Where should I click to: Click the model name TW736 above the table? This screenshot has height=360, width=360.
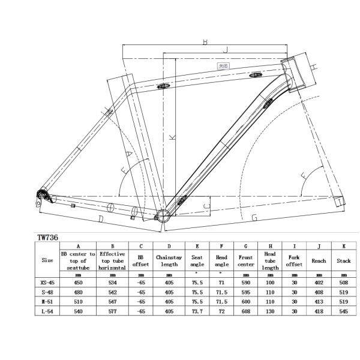(x=48, y=238)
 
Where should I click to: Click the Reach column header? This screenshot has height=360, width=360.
(x=317, y=261)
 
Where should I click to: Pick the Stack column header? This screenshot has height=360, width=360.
(x=343, y=261)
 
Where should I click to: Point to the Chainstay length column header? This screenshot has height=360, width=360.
(x=169, y=260)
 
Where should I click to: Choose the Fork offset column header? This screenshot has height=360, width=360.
(x=294, y=260)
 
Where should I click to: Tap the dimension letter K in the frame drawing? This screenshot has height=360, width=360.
(x=173, y=137)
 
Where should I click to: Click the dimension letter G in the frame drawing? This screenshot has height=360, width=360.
(x=254, y=218)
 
